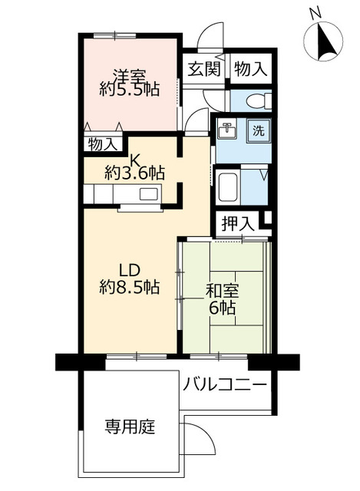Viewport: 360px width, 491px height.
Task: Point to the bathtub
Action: [x=230, y=186]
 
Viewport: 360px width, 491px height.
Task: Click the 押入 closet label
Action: [x=236, y=224]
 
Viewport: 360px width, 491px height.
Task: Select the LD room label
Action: [x=129, y=271]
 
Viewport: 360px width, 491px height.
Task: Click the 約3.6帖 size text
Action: [x=134, y=173]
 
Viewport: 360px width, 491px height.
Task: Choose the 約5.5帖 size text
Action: [x=130, y=90]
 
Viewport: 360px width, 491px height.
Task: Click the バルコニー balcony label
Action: [x=225, y=384]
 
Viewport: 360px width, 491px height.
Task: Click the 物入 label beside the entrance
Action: [x=251, y=68]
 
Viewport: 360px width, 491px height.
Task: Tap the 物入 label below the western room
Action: [x=103, y=143]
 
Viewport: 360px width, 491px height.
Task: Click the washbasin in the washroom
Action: [x=226, y=129]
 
